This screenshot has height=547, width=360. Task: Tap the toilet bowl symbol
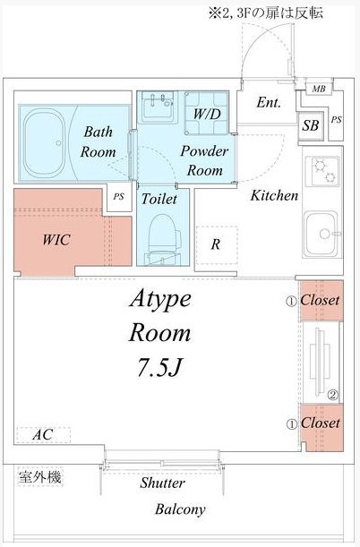(163, 238)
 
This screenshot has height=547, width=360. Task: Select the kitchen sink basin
(321, 234)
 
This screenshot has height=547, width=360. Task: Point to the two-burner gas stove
(322, 171)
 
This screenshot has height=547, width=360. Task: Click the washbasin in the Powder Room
(159, 106)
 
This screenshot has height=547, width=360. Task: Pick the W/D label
(207, 114)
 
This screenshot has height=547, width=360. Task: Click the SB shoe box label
(311, 125)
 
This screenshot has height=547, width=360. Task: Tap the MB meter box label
(319, 89)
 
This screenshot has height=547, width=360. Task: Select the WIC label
(56, 240)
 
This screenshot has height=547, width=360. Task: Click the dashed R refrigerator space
(217, 244)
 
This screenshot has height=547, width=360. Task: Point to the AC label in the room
(43, 435)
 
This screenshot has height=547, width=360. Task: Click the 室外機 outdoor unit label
(40, 477)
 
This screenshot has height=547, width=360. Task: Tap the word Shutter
(162, 483)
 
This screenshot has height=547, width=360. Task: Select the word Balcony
(180, 509)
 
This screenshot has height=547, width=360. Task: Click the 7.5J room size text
(160, 367)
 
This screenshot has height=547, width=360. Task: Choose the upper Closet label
(320, 300)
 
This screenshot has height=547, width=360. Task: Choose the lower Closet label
(321, 423)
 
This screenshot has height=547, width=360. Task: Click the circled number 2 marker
(333, 395)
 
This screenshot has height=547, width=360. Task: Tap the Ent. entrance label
(269, 103)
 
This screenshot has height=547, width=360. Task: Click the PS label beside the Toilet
(118, 197)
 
